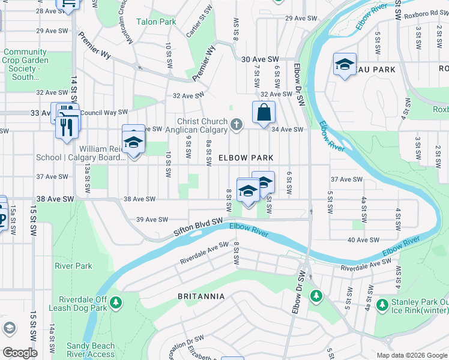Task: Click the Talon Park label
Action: (x=158, y=22)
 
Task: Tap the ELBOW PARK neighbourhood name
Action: (x=246, y=158)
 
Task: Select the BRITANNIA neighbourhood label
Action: (x=201, y=296)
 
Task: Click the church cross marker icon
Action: (x=237, y=125)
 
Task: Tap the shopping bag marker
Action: (x=264, y=113)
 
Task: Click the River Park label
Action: (x=73, y=266)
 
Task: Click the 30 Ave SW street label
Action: (x=260, y=59)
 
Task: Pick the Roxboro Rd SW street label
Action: (x=426, y=14)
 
